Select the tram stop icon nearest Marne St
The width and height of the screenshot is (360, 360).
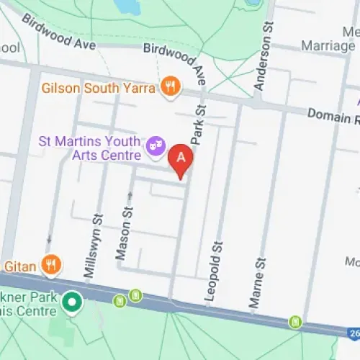point(294,321)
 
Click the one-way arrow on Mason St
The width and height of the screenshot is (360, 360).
point(130,195)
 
